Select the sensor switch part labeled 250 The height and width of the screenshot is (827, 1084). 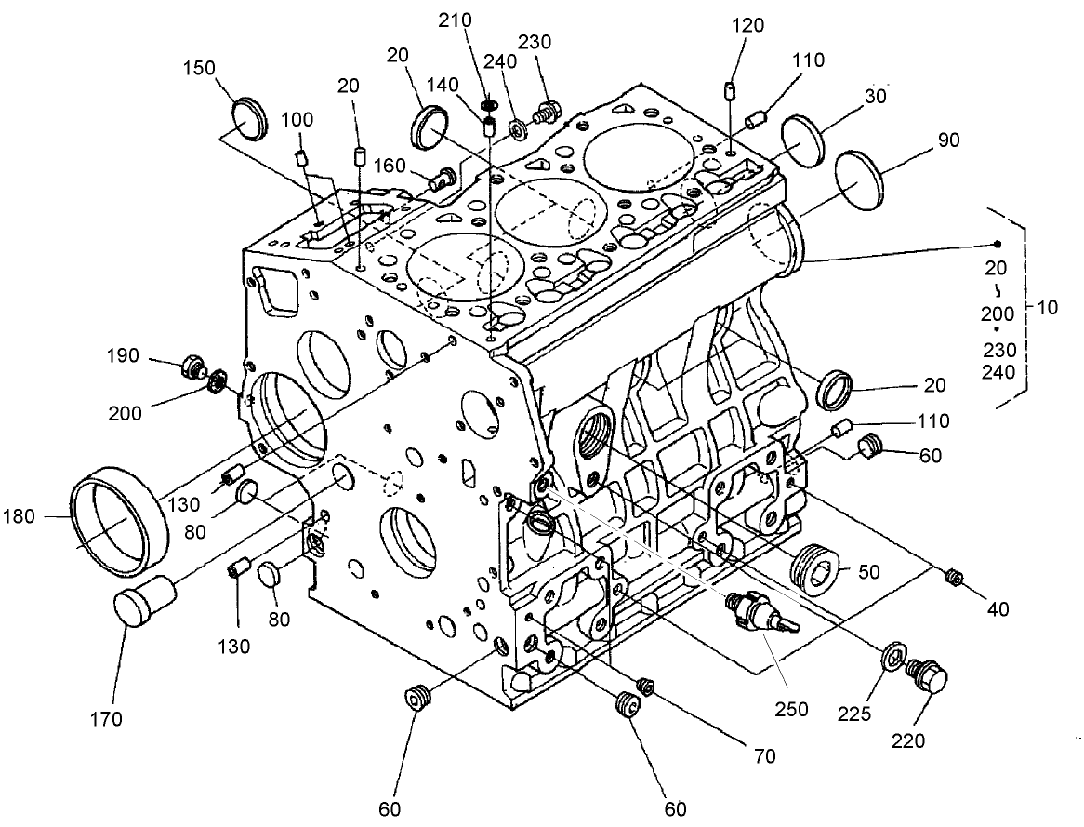coord(755,613)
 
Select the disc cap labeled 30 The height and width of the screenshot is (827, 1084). coord(803,140)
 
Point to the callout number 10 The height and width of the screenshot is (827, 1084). coord(1047,307)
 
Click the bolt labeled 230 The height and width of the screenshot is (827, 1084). coord(546,113)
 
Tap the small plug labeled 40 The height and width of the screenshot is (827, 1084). coord(952,577)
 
